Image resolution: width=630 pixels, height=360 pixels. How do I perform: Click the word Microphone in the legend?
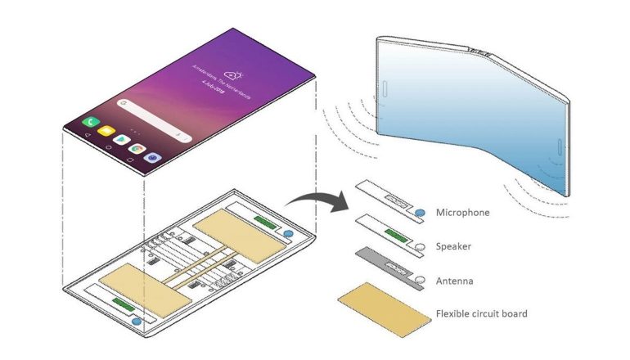tap(464, 213)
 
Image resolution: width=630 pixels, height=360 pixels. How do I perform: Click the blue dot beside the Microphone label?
tap(420, 214)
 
